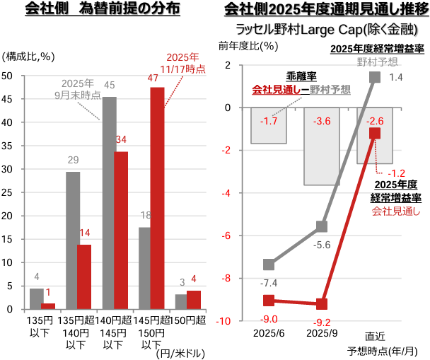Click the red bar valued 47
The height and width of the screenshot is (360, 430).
tap(157, 199)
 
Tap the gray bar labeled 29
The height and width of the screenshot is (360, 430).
tap(72, 241)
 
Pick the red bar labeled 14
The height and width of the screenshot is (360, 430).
tap(85, 277)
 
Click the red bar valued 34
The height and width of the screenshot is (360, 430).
tap(122, 230)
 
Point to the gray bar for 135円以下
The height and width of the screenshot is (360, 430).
tap(35, 298)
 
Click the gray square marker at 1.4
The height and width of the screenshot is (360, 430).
tap(375, 77)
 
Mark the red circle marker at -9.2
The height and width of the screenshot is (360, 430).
tap(322, 304)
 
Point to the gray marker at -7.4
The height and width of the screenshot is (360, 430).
tap(269, 265)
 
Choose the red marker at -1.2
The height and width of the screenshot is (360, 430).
tap(375, 133)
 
